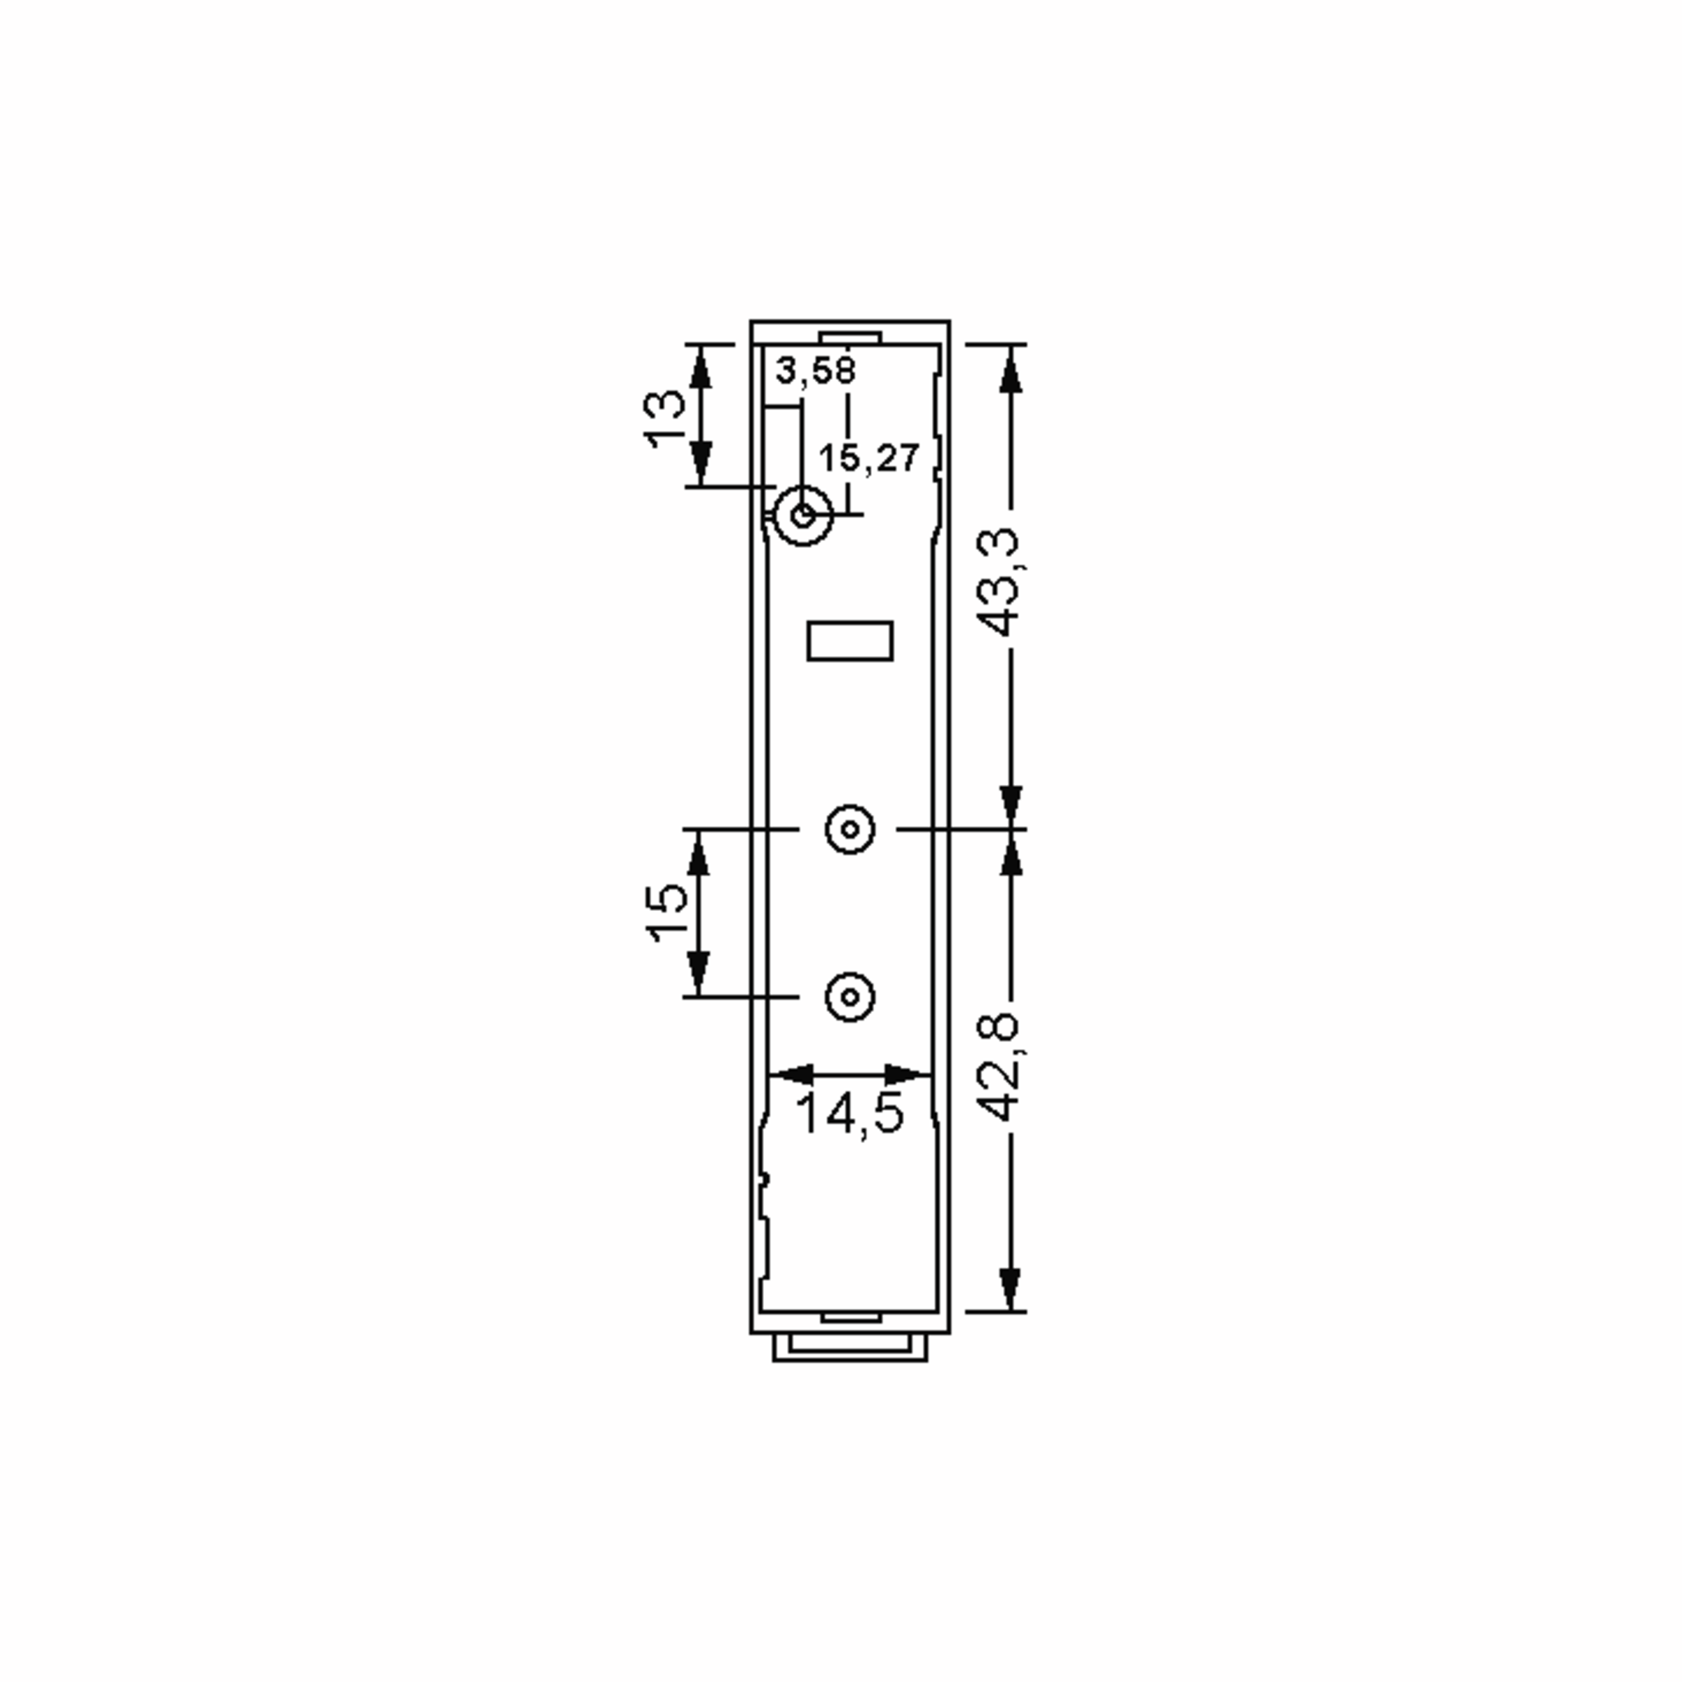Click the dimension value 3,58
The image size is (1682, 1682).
[816, 371]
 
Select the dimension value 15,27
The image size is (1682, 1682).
[869, 458]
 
